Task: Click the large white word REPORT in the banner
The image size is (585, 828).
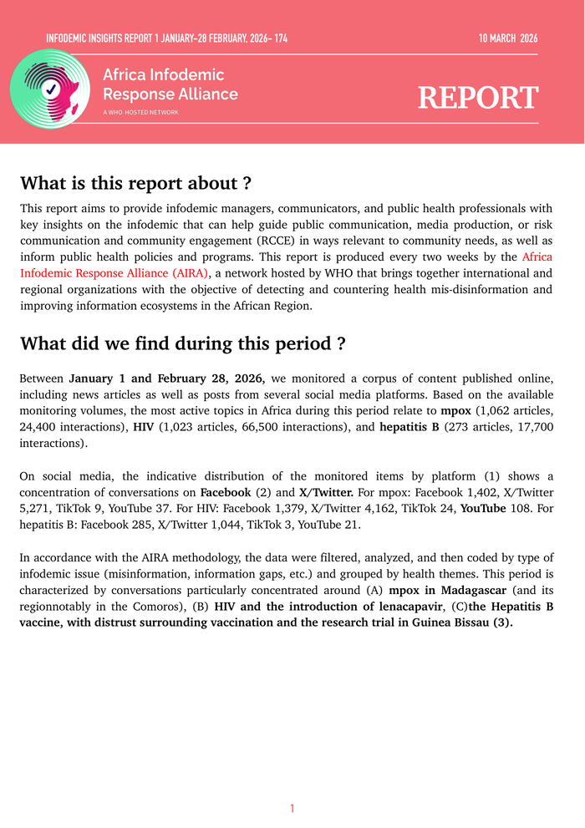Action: pyautogui.click(x=478, y=98)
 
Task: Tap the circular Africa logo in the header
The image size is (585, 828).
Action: pyautogui.click(x=49, y=89)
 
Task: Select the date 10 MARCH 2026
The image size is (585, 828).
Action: pyautogui.click(x=508, y=38)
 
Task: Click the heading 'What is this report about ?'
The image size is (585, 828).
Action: pyautogui.click(x=135, y=183)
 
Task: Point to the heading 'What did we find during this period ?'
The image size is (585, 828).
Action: pyautogui.click(x=182, y=343)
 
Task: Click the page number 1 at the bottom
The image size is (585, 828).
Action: pyautogui.click(x=292, y=808)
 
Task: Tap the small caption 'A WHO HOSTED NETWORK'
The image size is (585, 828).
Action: pyautogui.click(x=140, y=112)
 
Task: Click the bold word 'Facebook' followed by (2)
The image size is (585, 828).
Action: pyautogui.click(x=226, y=491)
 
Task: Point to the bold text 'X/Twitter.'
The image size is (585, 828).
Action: pyautogui.click(x=327, y=491)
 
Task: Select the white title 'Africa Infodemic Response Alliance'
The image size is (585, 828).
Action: pyautogui.click(x=170, y=84)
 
